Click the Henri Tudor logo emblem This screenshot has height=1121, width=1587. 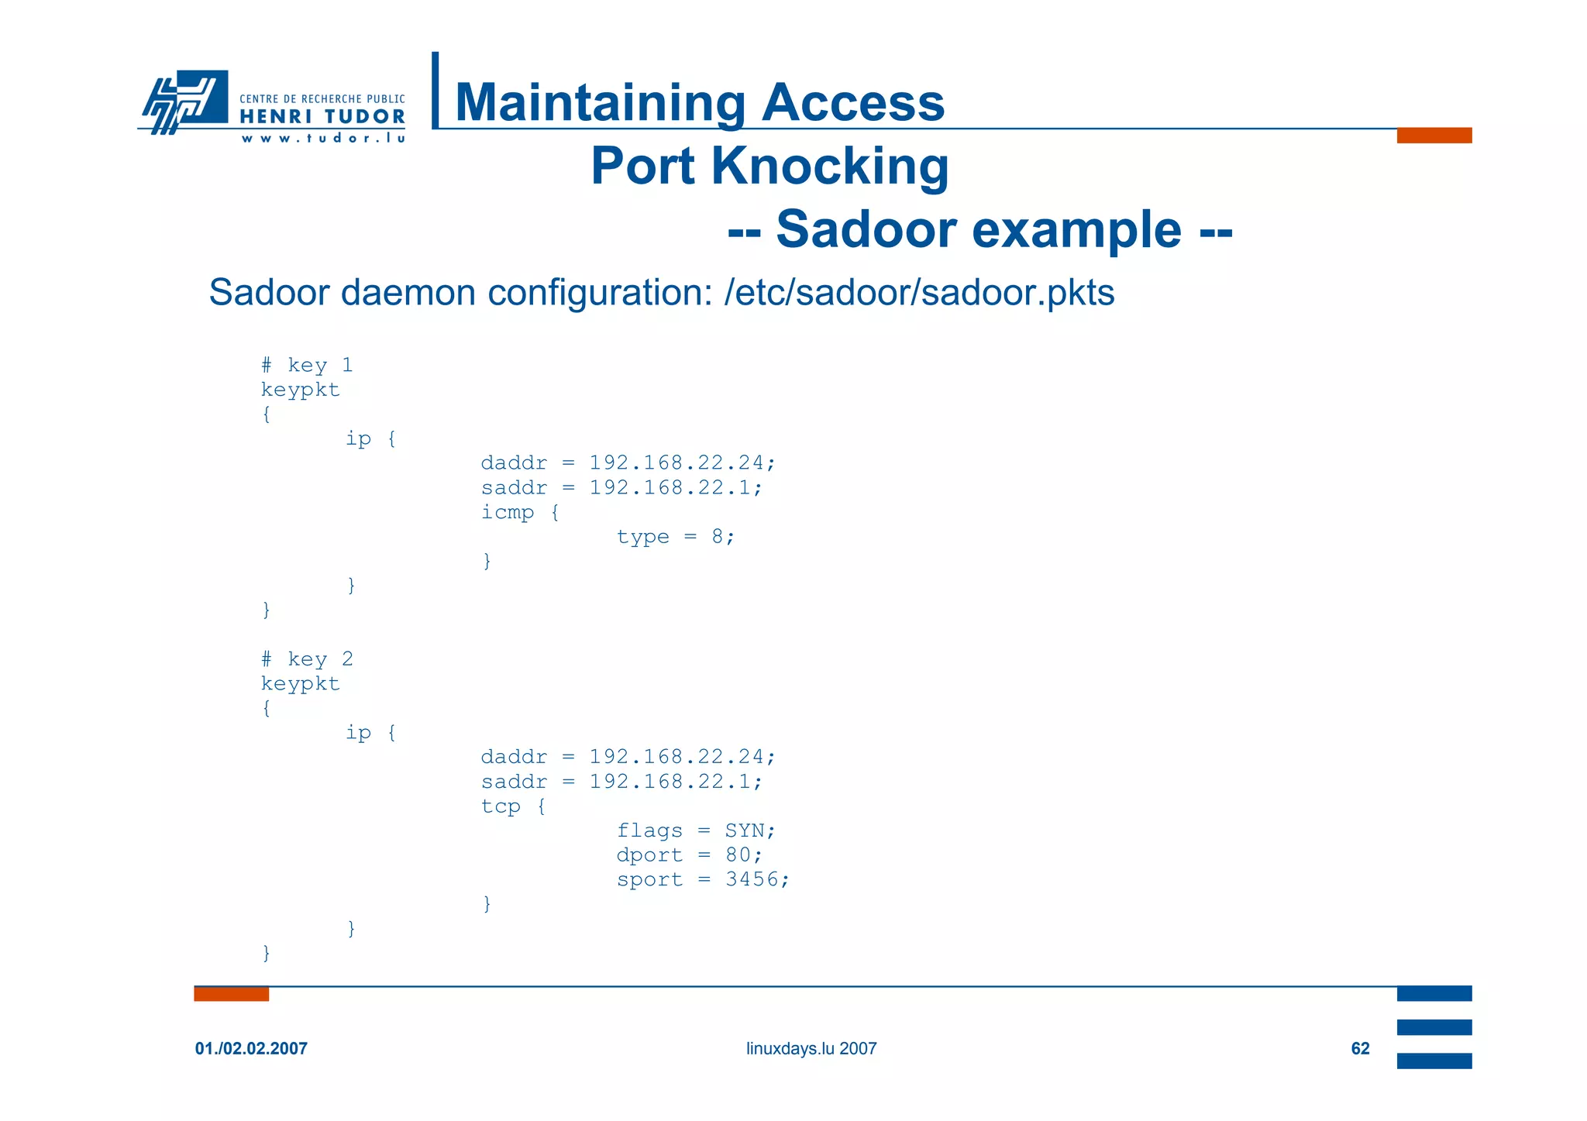click(x=184, y=101)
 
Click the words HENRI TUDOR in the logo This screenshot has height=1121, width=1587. click(x=322, y=117)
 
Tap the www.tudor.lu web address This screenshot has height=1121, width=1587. click(x=323, y=139)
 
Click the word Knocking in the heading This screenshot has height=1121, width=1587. click(x=829, y=166)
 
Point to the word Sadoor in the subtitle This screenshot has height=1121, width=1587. click(x=873, y=229)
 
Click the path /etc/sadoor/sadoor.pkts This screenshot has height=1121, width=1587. click(x=919, y=293)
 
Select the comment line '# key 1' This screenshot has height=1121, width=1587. click(x=307, y=365)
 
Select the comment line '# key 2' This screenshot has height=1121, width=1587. click(x=307, y=659)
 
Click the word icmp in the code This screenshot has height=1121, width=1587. click(x=508, y=512)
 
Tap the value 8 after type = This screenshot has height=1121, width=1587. click(x=718, y=537)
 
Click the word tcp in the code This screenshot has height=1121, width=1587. click(x=501, y=806)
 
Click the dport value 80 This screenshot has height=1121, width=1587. click(x=738, y=855)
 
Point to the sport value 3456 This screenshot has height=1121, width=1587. click(x=752, y=879)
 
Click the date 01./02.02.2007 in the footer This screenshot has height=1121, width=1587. click(x=251, y=1048)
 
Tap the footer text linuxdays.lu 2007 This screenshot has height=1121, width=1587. click(x=811, y=1048)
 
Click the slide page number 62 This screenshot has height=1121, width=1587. click(x=1360, y=1048)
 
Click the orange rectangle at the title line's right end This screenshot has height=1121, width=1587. click(x=1434, y=136)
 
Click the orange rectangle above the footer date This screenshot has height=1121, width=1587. click(x=231, y=994)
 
